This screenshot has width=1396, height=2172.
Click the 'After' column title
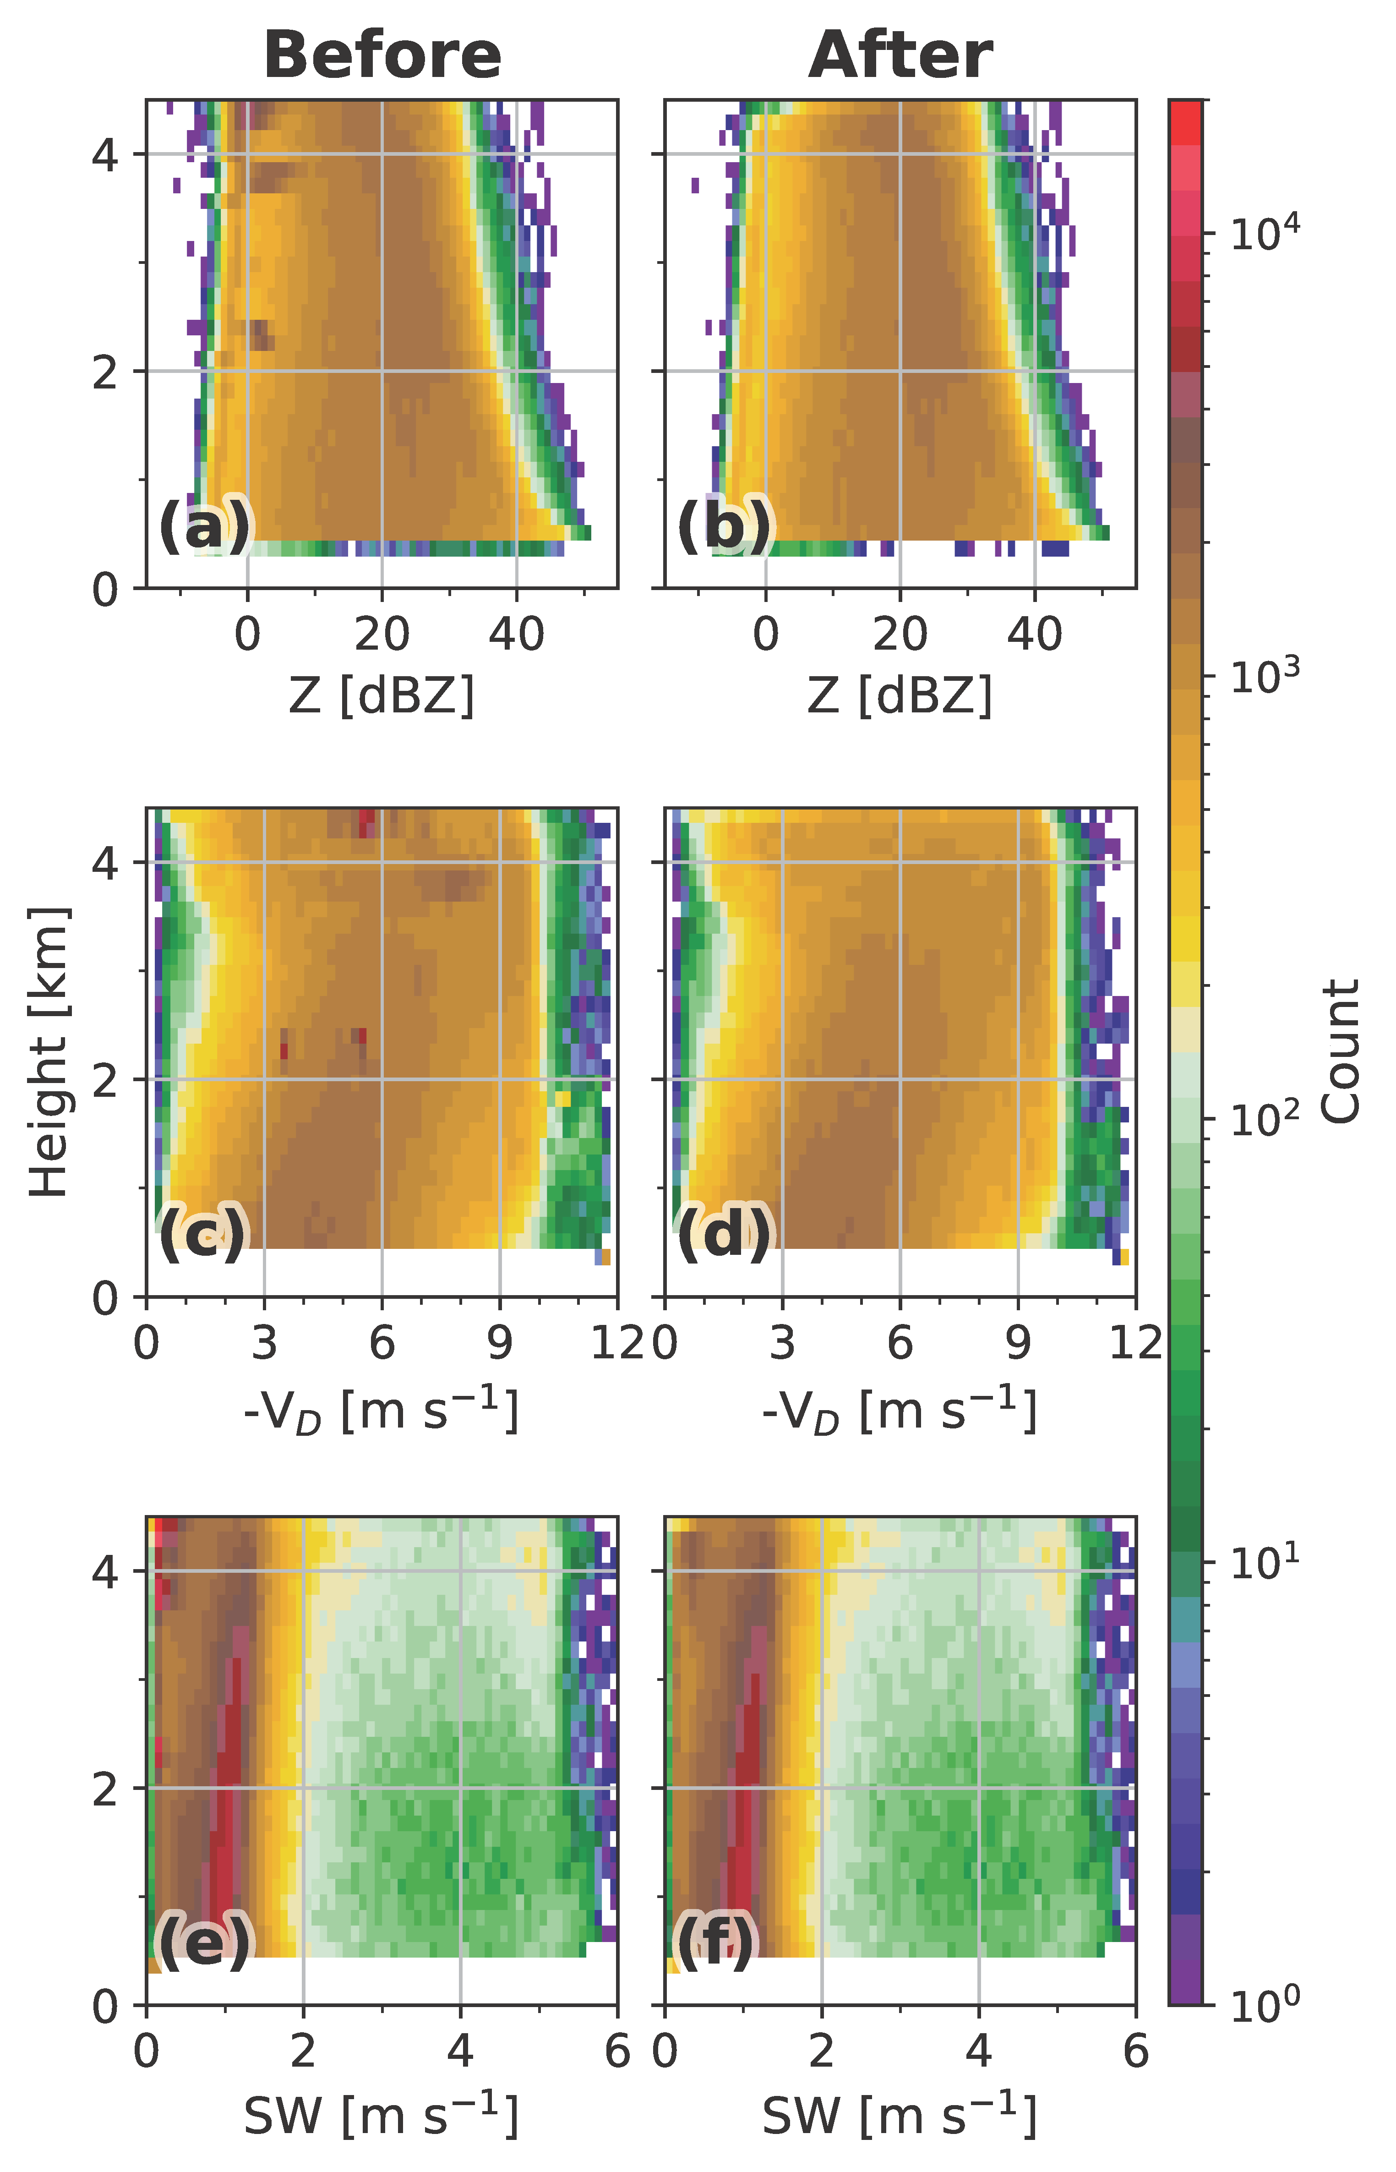900,56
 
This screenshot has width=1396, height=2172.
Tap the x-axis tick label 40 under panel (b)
1034,635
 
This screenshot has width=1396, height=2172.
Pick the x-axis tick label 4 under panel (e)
460,2051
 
